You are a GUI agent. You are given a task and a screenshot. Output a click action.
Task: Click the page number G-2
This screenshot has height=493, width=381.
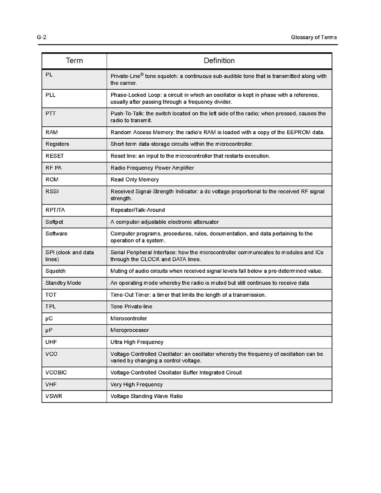point(41,37)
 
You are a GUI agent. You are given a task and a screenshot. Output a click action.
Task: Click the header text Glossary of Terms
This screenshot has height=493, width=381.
point(314,37)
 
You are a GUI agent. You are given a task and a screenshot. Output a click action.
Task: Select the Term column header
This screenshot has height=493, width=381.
point(74,61)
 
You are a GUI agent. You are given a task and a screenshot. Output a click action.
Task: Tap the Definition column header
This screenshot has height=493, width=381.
point(219,61)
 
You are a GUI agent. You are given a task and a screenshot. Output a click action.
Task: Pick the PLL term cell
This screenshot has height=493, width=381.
point(51,95)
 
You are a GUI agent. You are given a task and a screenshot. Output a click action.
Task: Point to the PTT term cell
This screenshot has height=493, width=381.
point(51,114)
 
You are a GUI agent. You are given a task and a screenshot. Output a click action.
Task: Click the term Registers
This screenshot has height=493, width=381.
point(57,144)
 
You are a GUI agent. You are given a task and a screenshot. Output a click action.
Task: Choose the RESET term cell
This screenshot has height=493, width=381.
point(55,156)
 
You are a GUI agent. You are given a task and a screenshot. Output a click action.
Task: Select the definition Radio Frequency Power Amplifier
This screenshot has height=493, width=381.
point(152,168)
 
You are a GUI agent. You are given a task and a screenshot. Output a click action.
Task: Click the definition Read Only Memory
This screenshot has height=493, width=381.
point(135,180)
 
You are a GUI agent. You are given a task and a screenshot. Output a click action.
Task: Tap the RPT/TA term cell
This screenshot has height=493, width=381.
point(55,210)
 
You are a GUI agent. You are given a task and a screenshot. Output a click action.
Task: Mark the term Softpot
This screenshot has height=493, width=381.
point(54,222)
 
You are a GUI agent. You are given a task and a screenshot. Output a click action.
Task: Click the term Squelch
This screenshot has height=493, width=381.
point(56,271)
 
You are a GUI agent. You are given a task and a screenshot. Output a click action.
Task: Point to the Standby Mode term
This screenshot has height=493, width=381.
point(63,283)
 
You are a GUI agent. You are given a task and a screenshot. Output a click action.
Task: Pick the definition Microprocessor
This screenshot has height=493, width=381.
point(130,330)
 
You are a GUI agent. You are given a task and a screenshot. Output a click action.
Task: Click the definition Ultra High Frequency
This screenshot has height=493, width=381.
point(137,342)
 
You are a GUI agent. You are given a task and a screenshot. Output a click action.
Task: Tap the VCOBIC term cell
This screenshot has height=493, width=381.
point(56,373)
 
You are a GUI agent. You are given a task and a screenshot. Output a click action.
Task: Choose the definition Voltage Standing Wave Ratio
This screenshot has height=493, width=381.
point(146,396)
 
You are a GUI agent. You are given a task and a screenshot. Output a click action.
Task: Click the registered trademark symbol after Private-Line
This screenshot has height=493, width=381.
point(142,74)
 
